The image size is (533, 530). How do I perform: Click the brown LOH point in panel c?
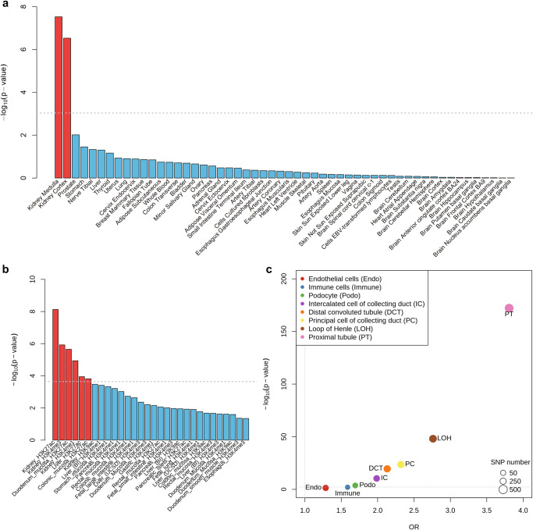click(433, 439)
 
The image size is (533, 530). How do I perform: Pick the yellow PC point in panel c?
click(401, 464)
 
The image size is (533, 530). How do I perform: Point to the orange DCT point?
click(387, 468)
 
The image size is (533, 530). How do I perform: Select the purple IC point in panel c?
click(377, 478)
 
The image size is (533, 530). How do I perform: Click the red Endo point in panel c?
click(325, 488)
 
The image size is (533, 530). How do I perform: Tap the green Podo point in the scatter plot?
click(355, 486)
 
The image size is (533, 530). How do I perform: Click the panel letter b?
click(5, 270)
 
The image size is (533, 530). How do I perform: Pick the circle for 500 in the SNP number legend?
click(482, 490)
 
